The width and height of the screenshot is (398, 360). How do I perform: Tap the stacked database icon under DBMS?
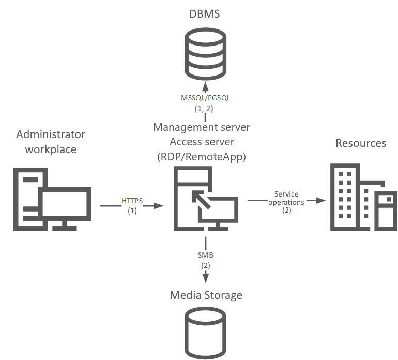click(205, 52)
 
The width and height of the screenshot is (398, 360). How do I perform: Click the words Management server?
click(202, 127)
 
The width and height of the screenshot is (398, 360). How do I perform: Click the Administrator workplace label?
click(51, 142)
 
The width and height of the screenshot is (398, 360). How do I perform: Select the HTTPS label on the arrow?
click(132, 201)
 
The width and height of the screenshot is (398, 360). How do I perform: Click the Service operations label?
click(286, 198)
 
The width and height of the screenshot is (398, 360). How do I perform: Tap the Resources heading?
click(361, 143)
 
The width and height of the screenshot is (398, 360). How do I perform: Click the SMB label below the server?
click(206, 256)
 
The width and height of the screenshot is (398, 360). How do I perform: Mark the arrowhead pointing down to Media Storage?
click(206, 279)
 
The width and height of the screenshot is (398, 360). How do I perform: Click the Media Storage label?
click(206, 295)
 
